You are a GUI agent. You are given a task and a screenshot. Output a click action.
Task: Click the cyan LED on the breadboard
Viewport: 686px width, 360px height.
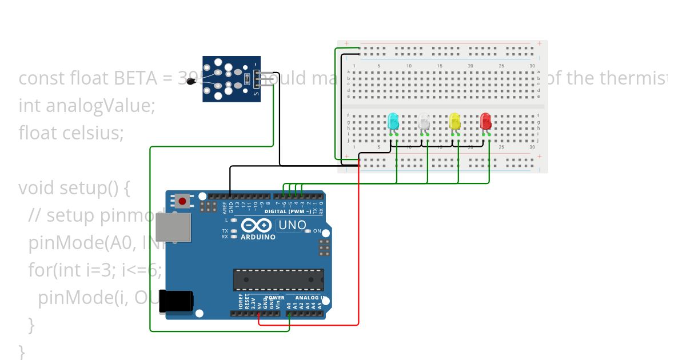(x=393, y=121)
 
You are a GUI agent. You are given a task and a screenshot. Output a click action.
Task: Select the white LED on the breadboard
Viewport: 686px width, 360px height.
(x=424, y=121)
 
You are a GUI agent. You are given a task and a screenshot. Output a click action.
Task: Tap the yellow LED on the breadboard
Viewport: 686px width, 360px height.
(x=454, y=121)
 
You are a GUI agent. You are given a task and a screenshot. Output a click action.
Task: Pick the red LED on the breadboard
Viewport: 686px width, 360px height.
(x=485, y=121)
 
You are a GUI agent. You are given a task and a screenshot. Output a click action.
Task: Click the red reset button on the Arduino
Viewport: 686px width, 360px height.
(x=183, y=201)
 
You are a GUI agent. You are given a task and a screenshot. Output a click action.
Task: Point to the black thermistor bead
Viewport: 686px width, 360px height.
(x=191, y=82)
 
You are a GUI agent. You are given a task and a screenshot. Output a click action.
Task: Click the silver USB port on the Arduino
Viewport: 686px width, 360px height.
(x=176, y=226)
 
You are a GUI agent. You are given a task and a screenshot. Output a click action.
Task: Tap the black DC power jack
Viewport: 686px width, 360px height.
(x=175, y=302)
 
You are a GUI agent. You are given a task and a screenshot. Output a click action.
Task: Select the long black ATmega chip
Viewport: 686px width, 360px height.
(x=278, y=279)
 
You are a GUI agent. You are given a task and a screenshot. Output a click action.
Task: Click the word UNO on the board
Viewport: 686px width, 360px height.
(x=292, y=225)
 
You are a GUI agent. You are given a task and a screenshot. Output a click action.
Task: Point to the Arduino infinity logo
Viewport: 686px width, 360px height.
(x=256, y=225)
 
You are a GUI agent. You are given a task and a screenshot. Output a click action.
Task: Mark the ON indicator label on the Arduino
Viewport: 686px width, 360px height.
(x=317, y=231)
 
